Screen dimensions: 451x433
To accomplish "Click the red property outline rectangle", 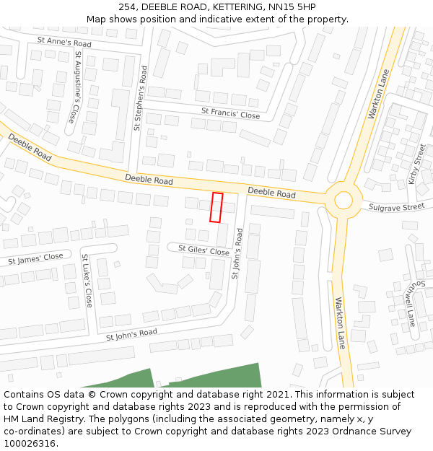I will click(x=216, y=207).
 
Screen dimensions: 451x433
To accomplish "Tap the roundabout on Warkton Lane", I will click(x=343, y=200).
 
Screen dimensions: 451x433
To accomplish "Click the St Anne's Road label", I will click(x=64, y=43).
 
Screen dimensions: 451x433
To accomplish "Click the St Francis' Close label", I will click(x=230, y=114).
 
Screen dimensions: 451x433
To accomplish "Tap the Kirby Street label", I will click(x=417, y=165).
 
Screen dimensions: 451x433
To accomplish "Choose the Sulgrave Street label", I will click(x=396, y=207).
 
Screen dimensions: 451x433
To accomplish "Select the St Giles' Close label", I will click(x=204, y=250).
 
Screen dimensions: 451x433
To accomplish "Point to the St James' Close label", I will click(x=35, y=258).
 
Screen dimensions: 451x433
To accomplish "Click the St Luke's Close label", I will click(x=87, y=281).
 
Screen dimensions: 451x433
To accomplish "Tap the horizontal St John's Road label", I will click(x=131, y=335).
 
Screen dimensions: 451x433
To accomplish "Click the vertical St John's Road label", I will click(x=237, y=255).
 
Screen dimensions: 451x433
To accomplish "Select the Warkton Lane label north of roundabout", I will click(x=378, y=95).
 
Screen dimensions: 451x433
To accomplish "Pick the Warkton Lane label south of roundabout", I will click(x=340, y=323).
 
